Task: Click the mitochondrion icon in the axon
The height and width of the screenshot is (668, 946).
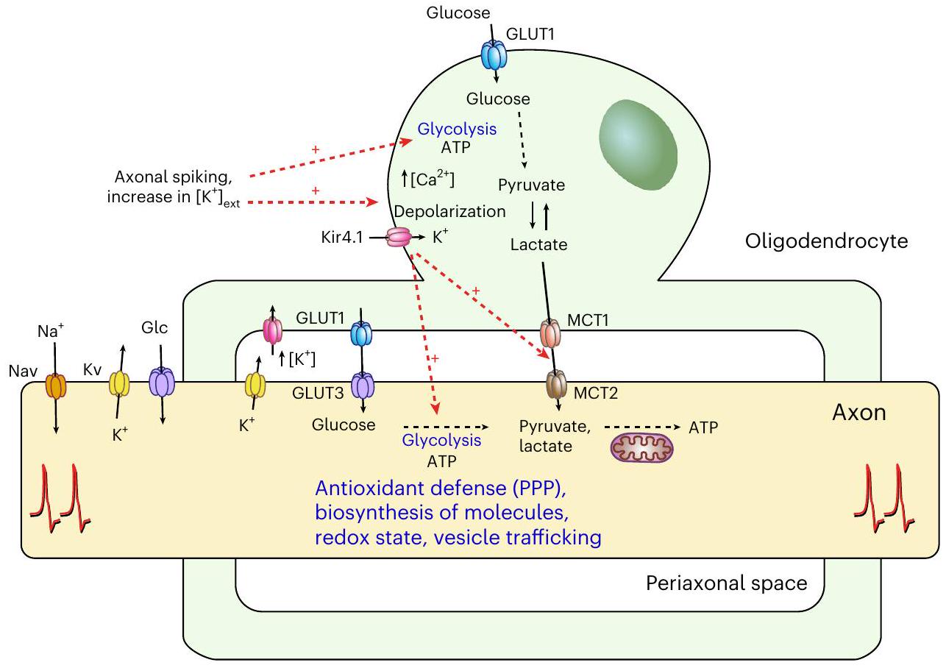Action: pos(643,447)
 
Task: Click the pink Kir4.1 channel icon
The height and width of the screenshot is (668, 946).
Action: pos(398,238)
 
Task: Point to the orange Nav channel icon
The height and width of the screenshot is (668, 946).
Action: pos(56,386)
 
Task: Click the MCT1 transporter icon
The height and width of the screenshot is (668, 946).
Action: pos(551,333)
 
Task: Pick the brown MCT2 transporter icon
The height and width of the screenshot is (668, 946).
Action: pos(558,385)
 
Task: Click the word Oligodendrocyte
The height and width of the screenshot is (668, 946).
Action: pos(825,241)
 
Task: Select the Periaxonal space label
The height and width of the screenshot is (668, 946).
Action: pos(726,583)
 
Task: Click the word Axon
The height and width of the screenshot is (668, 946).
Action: pos(858,412)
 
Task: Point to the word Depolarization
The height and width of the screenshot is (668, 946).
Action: pos(450,211)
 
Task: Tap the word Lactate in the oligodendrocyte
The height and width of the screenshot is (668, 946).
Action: pos(539,244)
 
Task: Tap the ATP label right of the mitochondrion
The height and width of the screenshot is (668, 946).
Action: pos(703,426)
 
